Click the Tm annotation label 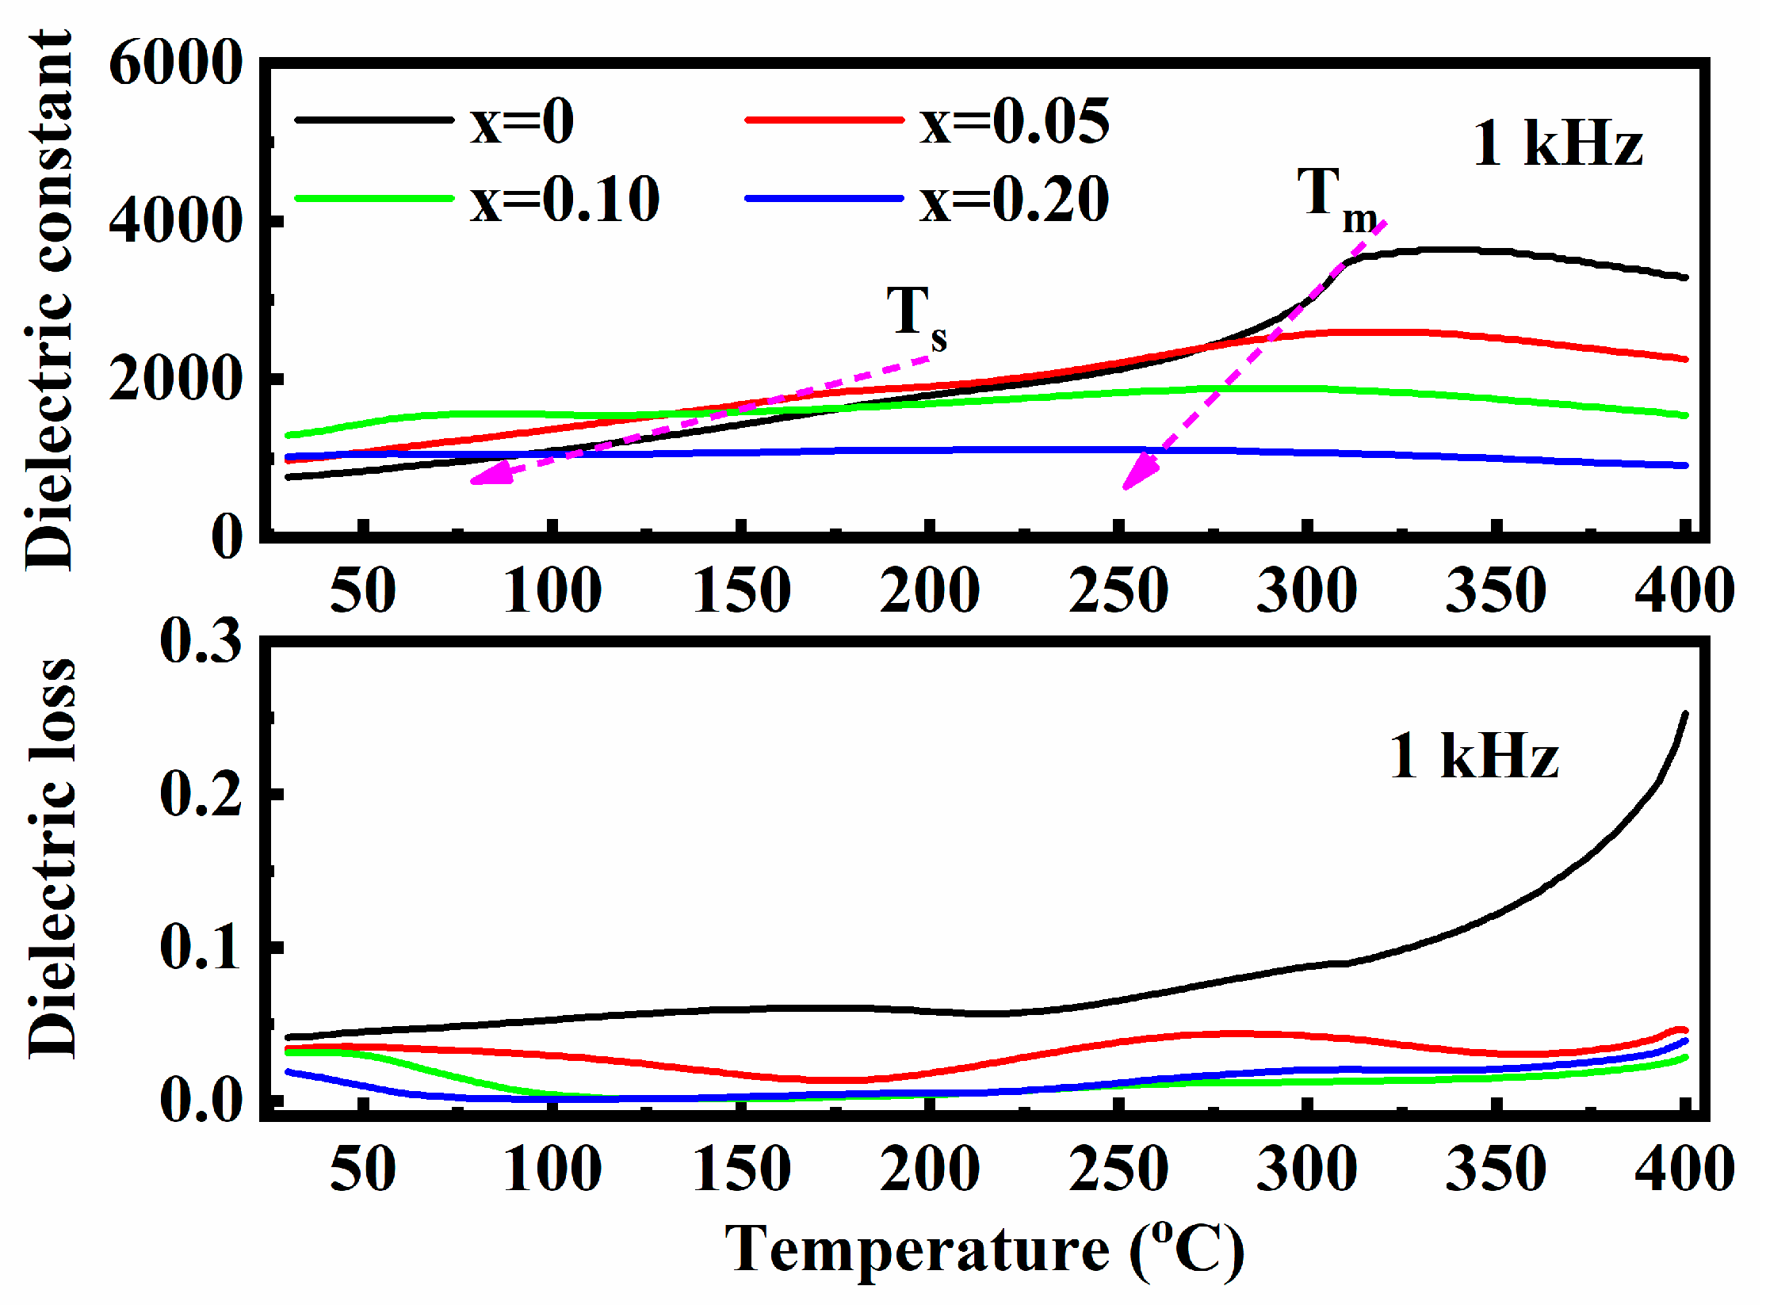(x=1335, y=198)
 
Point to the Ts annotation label (x=915, y=315)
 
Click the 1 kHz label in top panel (x=1557, y=144)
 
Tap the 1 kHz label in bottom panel (x=1474, y=757)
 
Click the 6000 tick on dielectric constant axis (x=175, y=63)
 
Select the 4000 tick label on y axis (x=175, y=221)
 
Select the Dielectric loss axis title (x=52, y=860)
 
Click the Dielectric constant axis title (x=49, y=301)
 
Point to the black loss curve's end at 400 (x=1684, y=715)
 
